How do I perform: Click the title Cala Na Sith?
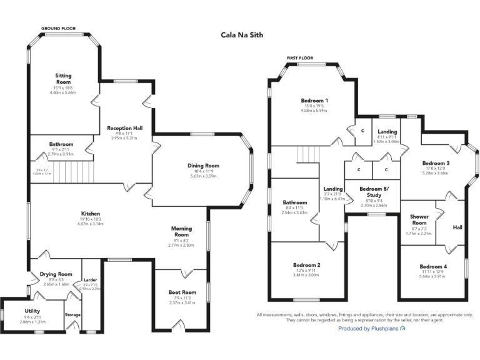click(x=242, y=36)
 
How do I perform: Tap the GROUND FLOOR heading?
click(x=58, y=29)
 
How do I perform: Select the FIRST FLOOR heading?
click(x=299, y=57)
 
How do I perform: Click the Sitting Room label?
click(x=63, y=79)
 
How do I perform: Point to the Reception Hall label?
click(x=124, y=127)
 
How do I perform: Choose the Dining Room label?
click(x=203, y=166)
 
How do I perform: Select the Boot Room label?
click(x=182, y=292)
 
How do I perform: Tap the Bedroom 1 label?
click(x=314, y=101)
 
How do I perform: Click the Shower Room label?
click(x=419, y=220)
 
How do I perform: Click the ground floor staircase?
click(x=69, y=169)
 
